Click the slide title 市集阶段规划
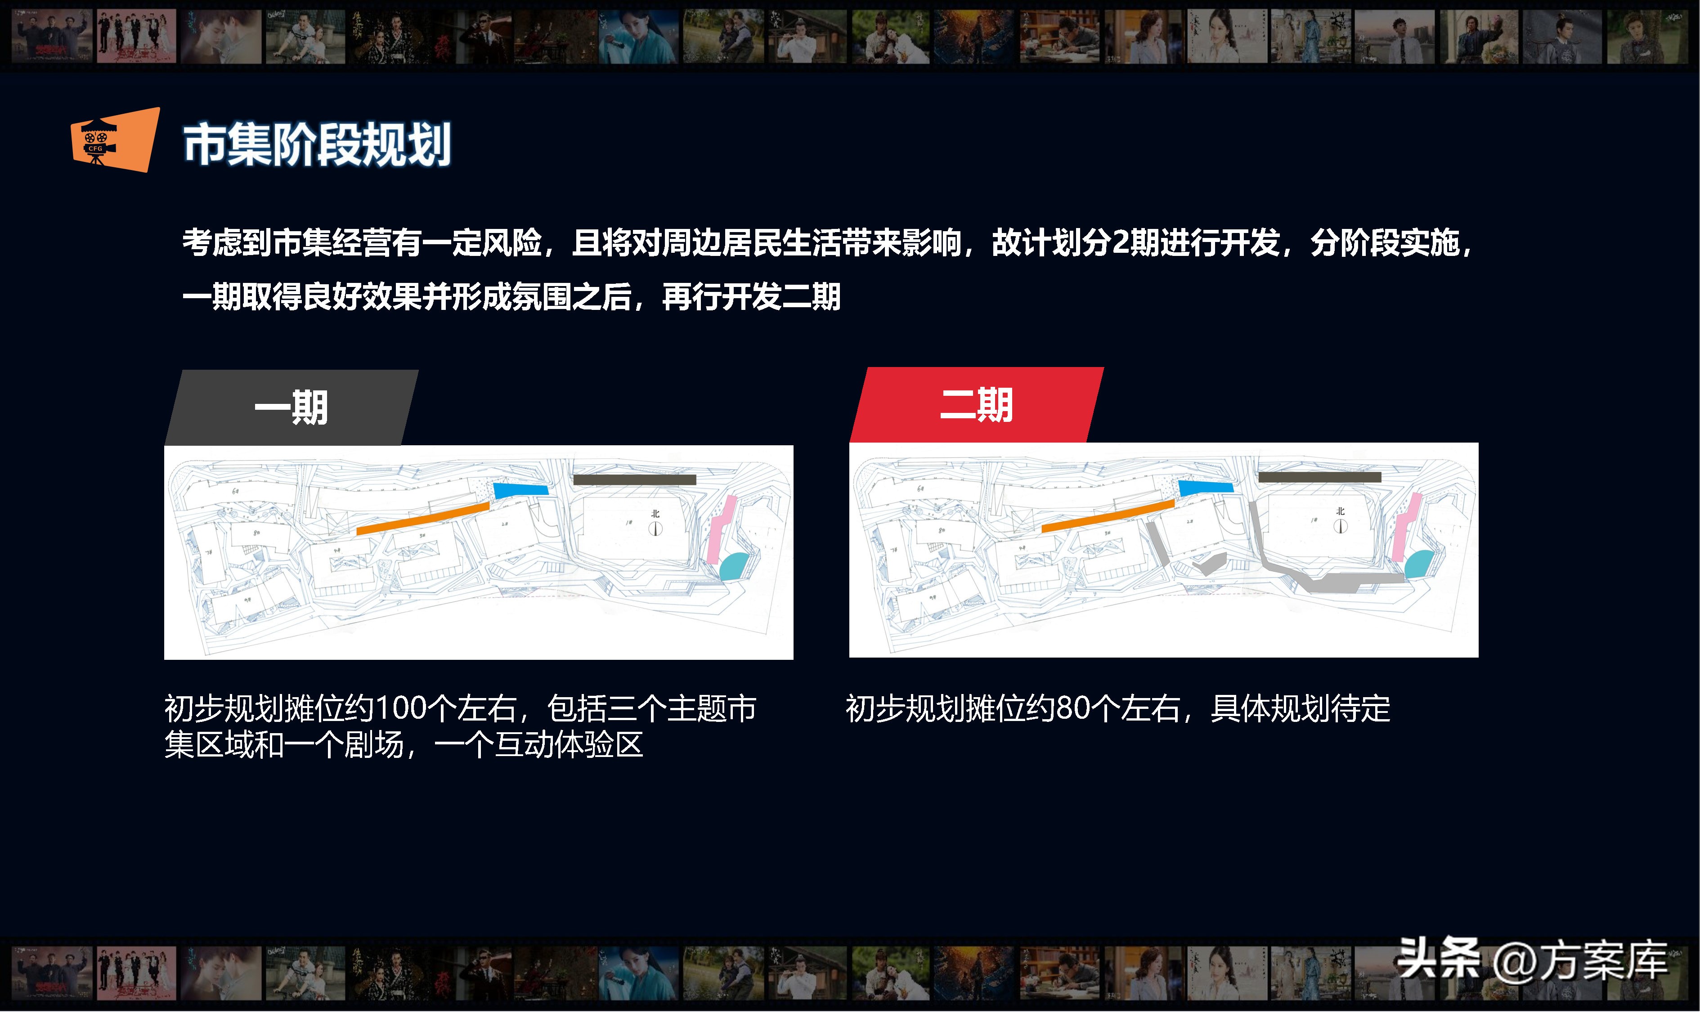317,144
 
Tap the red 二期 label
977,405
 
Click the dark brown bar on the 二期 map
1319,477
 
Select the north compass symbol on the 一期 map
655,528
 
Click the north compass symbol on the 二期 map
1341,526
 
